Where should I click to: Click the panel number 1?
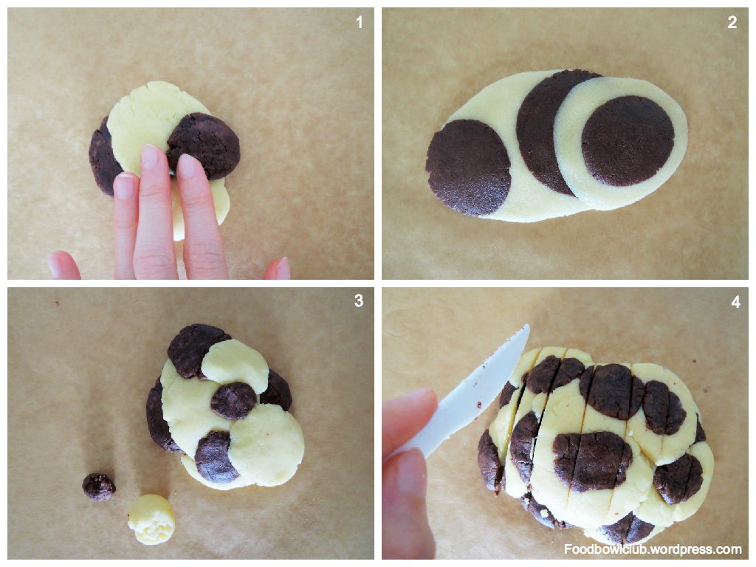(360, 22)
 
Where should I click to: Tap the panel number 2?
(732, 22)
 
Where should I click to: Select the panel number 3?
(359, 300)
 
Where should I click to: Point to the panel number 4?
(735, 302)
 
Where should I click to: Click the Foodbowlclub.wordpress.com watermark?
(653, 549)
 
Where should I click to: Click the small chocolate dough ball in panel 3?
(99, 487)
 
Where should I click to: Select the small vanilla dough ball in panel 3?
(151, 519)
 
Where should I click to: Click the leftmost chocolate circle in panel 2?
(468, 167)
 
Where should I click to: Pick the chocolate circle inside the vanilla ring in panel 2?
(628, 141)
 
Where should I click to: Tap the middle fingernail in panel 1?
(150, 157)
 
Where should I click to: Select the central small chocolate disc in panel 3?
(233, 401)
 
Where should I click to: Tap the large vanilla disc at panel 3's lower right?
(266, 444)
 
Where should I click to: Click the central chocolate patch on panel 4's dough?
(591, 461)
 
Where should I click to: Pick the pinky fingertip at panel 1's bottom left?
(63, 265)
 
